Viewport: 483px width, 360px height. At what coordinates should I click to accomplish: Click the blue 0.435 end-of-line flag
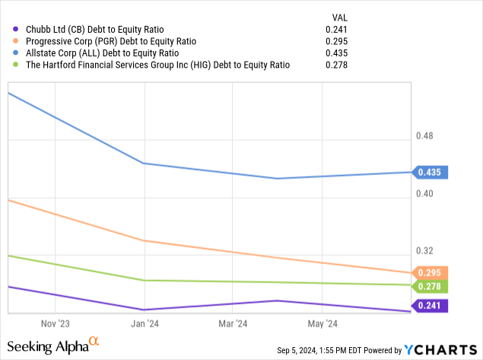pyautogui.click(x=431, y=172)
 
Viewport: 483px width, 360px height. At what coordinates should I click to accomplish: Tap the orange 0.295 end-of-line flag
pyautogui.click(x=431, y=272)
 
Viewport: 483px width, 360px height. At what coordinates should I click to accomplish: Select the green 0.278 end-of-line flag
pyautogui.click(x=431, y=286)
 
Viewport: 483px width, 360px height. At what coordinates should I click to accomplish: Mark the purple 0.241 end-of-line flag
pyautogui.click(x=431, y=306)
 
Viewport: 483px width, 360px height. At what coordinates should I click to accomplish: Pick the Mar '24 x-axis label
pyautogui.click(x=233, y=323)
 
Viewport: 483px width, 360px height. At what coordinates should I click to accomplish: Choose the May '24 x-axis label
pyautogui.click(x=323, y=323)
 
